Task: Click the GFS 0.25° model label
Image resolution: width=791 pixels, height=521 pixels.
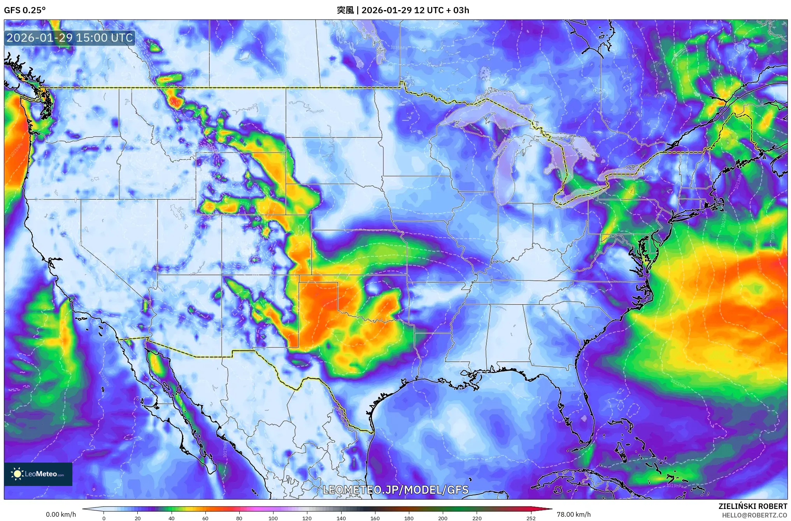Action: [25, 10]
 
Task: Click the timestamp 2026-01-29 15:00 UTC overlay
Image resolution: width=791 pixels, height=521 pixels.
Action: [70, 38]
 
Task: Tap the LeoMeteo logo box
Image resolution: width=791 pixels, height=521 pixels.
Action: [38, 474]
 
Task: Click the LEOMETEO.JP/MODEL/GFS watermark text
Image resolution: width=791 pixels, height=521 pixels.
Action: [396, 489]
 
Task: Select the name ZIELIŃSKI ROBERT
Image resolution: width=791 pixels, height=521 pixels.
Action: [752, 506]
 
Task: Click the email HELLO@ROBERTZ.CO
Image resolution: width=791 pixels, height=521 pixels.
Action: [754, 515]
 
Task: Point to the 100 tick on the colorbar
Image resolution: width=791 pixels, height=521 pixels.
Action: [273, 518]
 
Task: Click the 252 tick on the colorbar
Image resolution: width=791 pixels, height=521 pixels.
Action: [531, 518]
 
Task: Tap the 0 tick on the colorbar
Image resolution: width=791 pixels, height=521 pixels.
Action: [104, 518]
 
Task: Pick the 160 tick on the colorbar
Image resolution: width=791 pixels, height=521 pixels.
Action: [375, 518]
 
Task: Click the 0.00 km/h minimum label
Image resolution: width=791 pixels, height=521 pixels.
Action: [61, 514]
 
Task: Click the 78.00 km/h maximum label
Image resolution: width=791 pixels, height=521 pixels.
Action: [574, 514]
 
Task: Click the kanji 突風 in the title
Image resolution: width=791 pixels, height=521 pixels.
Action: [345, 10]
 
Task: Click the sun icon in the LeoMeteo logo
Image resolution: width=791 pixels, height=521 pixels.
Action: [17, 474]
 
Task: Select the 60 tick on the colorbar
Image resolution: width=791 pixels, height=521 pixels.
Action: [205, 518]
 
